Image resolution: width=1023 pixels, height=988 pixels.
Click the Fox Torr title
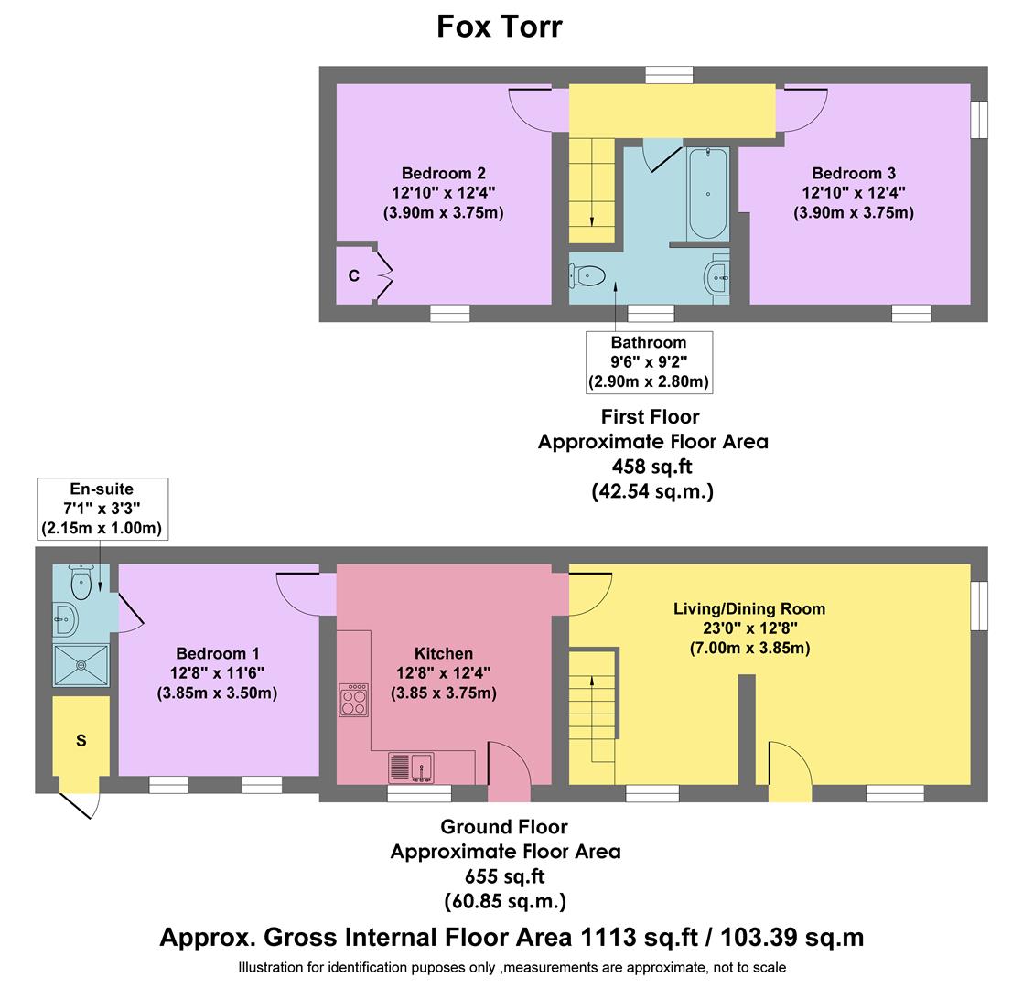point(499,26)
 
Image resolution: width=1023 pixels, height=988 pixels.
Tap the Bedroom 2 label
point(443,174)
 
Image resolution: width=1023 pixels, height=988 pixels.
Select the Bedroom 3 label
point(853,174)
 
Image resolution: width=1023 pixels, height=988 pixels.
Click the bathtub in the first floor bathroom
point(708,193)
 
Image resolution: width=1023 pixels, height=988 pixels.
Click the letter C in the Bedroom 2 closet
point(353,275)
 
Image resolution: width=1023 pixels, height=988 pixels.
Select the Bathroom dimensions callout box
point(649,362)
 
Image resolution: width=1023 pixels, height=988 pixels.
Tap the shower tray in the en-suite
point(81,664)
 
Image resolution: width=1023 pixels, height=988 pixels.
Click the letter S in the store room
point(81,740)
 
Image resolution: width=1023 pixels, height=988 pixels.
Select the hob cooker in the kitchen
point(353,700)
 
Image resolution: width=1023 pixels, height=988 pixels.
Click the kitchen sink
point(412,767)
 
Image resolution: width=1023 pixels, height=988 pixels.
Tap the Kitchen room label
point(444,653)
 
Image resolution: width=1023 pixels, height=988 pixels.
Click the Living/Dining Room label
point(748,608)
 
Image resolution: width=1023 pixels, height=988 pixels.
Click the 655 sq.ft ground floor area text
point(505,876)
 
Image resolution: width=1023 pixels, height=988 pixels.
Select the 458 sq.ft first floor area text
point(652,466)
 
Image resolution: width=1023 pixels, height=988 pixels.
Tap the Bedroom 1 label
point(218,653)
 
